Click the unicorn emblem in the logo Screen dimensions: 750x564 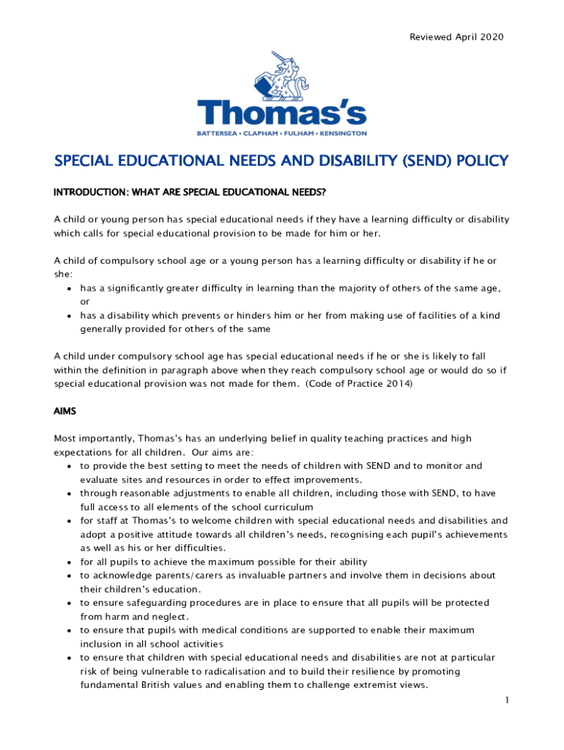[282, 77]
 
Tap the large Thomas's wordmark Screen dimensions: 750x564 [282, 114]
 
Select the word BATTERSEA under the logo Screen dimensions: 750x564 [218, 133]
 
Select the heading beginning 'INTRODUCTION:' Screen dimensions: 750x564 [189, 193]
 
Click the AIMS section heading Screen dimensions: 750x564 [66, 412]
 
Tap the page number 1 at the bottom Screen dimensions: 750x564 [506, 701]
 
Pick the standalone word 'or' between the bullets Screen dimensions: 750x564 [85, 301]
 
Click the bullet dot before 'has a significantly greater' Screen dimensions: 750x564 [68, 288]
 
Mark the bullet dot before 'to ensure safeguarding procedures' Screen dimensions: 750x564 [68, 603]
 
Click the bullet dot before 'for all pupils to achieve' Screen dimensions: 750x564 [68, 562]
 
